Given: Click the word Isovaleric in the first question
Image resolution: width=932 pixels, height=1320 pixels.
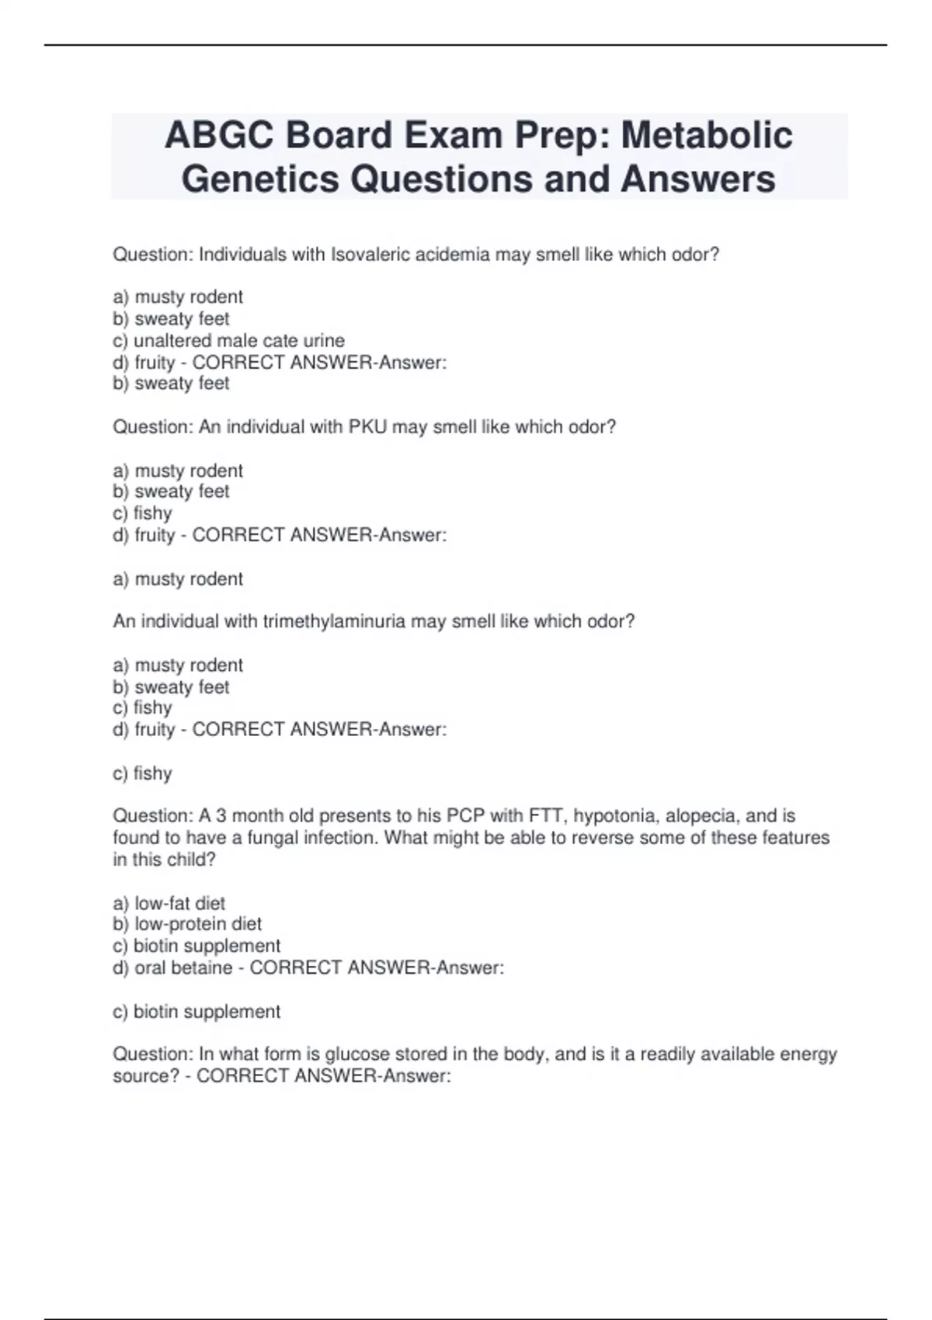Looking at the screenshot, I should coord(370,255).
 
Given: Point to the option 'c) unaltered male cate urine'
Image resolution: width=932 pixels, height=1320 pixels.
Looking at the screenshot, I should coord(228,341).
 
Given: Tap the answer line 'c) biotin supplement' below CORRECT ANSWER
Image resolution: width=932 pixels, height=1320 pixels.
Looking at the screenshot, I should coord(196,1012).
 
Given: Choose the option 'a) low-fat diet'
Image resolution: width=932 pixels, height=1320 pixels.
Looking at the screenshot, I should coord(169,903).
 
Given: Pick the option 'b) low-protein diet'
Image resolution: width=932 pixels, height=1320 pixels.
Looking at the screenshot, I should coord(187,924).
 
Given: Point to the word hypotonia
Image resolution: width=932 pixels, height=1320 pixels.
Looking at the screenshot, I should coord(604,816).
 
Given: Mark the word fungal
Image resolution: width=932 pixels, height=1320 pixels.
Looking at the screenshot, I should coord(274,838).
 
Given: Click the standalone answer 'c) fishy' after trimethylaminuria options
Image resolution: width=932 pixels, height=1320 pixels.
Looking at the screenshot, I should coord(142,773).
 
